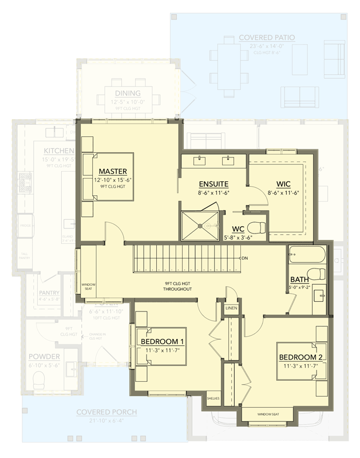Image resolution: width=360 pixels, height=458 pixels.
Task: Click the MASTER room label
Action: click(112, 171)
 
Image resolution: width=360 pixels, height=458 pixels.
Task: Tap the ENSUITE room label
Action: click(213, 184)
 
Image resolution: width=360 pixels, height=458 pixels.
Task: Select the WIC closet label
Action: click(284, 184)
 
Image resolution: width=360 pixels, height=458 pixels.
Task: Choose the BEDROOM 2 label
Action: click(300, 358)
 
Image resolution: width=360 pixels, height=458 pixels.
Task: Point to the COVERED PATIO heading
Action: click(267, 38)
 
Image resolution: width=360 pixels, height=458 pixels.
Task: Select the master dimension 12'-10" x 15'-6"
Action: click(112, 180)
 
